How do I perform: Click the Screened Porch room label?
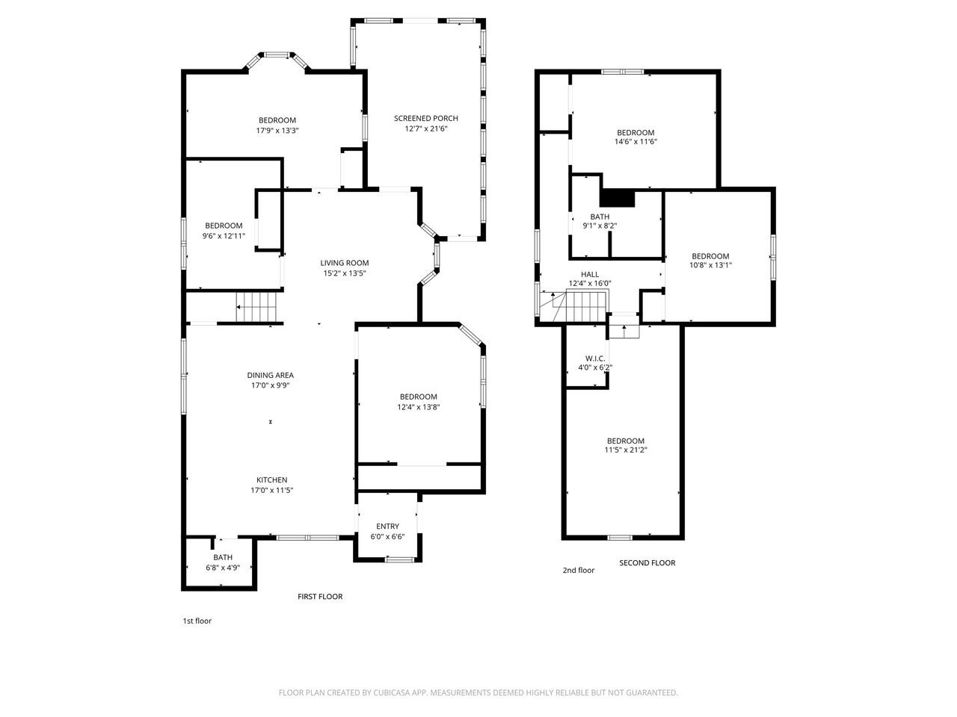click(x=425, y=118)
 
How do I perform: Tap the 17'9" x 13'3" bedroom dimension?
click(x=277, y=131)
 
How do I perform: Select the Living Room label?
click(x=345, y=263)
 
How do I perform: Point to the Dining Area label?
click(x=270, y=376)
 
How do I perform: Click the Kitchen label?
click(x=271, y=480)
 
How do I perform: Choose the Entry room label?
click(x=387, y=527)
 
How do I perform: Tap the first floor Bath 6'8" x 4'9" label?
click(x=223, y=557)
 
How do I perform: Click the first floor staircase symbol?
click(x=256, y=307)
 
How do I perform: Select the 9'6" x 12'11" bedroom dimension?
click(x=224, y=236)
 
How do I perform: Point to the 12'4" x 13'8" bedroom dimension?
click(x=418, y=407)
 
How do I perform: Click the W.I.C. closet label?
click(x=595, y=358)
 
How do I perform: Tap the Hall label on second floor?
click(x=590, y=274)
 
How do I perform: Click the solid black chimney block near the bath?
click(x=618, y=198)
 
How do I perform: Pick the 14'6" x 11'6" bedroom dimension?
click(x=636, y=141)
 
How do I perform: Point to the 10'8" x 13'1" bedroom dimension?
click(x=710, y=264)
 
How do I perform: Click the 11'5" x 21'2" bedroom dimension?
click(x=625, y=450)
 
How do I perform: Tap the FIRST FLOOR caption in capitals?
click(x=320, y=597)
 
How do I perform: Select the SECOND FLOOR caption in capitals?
click(x=647, y=563)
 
